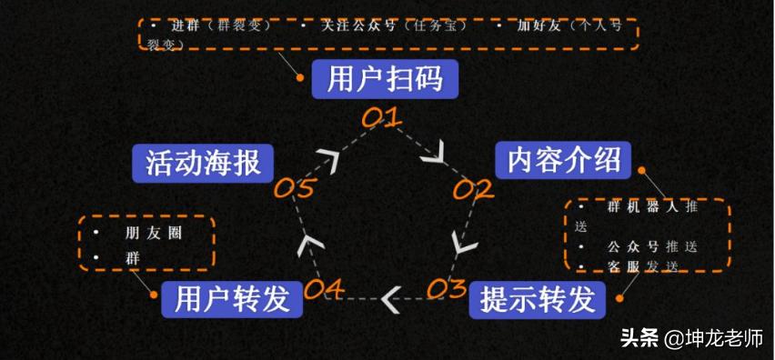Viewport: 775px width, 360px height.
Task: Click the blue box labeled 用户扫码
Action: (x=385, y=79)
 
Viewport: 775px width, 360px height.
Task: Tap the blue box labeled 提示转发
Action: (x=537, y=298)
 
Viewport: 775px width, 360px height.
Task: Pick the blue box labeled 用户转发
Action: (x=232, y=298)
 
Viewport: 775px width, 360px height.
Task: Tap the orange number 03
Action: (x=446, y=289)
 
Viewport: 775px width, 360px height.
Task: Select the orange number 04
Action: (x=324, y=290)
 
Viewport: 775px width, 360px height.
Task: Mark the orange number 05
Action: (x=295, y=188)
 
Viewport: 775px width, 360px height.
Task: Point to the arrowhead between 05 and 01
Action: (x=328, y=159)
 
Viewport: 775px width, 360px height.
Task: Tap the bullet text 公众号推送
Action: (x=651, y=246)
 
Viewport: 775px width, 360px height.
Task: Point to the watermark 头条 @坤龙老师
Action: (x=692, y=340)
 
